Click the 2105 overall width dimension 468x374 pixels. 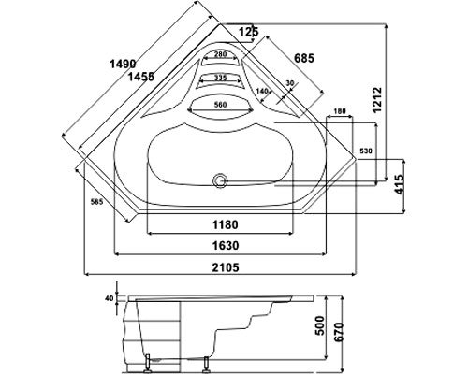point(226,267)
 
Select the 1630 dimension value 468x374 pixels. point(226,245)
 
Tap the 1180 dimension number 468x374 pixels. point(226,224)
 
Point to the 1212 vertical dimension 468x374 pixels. point(377,100)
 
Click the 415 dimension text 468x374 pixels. point(400,184)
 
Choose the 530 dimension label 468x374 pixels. point(366,151)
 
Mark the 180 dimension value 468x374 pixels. point(340,111)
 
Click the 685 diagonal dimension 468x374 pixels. point(304,58)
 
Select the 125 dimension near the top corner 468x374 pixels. point(249,32)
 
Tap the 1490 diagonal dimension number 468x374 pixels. point(123,64)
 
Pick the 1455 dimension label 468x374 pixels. point(141,76)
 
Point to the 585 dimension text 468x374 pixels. point(96,202)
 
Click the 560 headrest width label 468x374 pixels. point(220,105)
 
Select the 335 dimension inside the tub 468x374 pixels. point(221,78)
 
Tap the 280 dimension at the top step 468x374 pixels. point(221,54)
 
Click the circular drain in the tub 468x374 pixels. point(220,180)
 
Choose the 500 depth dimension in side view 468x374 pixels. point(319,325)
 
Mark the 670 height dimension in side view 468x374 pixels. point(340,331)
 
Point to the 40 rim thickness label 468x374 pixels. point(109,298)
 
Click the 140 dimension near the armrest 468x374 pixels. point(262,91)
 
